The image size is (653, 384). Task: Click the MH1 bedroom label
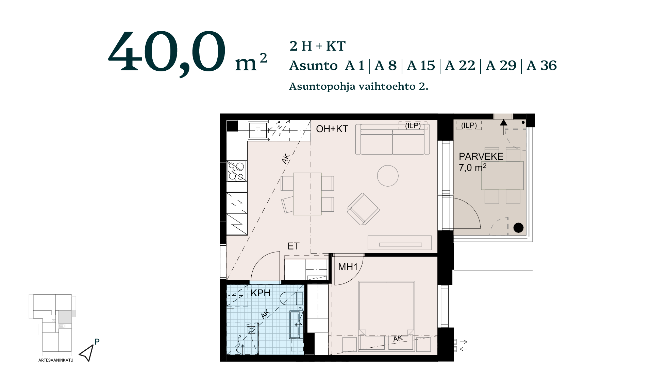coord(348,267)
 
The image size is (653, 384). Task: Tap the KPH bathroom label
coord(261,293)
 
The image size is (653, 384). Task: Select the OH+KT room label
coord(332,129)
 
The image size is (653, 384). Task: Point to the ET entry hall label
coord(294,246)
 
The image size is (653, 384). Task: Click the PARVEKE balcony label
coord(481,156)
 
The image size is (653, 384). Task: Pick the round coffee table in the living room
coord(388,176)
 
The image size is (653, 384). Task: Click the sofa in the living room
coord(392,139)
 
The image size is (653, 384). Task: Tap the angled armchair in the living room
coord(363,209)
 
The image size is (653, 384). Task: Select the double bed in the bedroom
coord(386,308)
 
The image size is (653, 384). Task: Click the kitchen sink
coord(258,130)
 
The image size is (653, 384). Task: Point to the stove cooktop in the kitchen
coord(236,171)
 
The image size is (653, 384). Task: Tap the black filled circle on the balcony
coord(518,228)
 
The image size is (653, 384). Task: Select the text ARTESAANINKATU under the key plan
coord(56,360)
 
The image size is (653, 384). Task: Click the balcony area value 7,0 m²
coord(472,168)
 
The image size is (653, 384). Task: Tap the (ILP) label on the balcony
coord(469,125)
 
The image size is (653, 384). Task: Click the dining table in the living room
coord(307,194)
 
